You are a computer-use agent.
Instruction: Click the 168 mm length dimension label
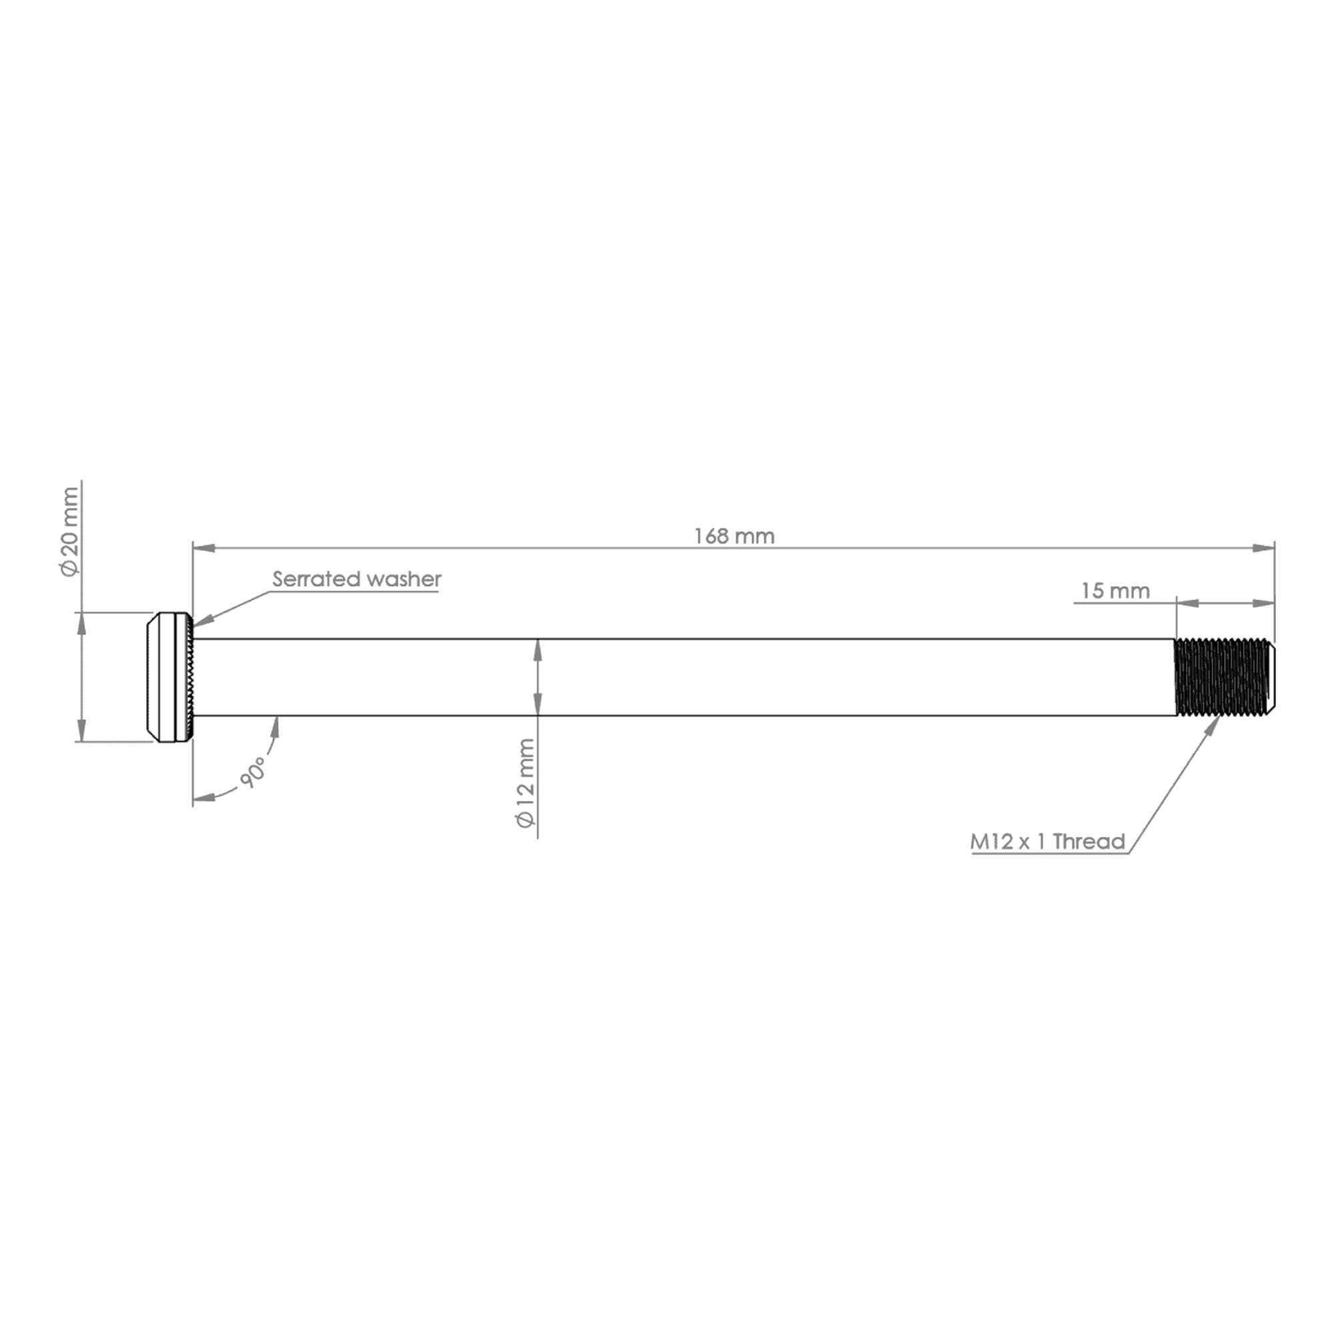pos(734,536)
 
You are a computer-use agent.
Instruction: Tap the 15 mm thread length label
pos(1115,591)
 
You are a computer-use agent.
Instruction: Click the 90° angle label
pos(253,772)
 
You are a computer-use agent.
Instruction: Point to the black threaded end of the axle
pos(1225,678)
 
